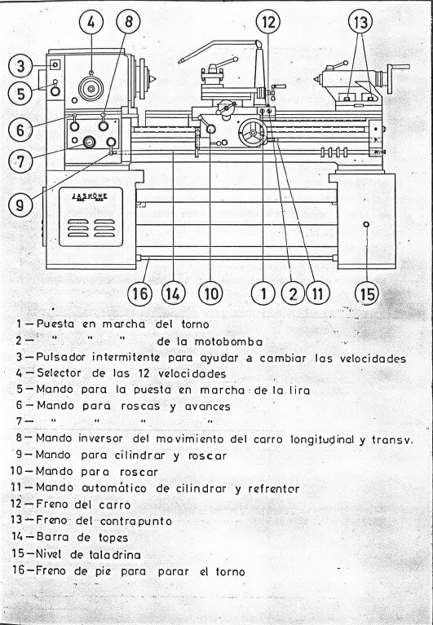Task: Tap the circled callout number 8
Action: (127, 22)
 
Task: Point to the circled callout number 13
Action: (360, 22)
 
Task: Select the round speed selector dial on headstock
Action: (91, 87)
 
